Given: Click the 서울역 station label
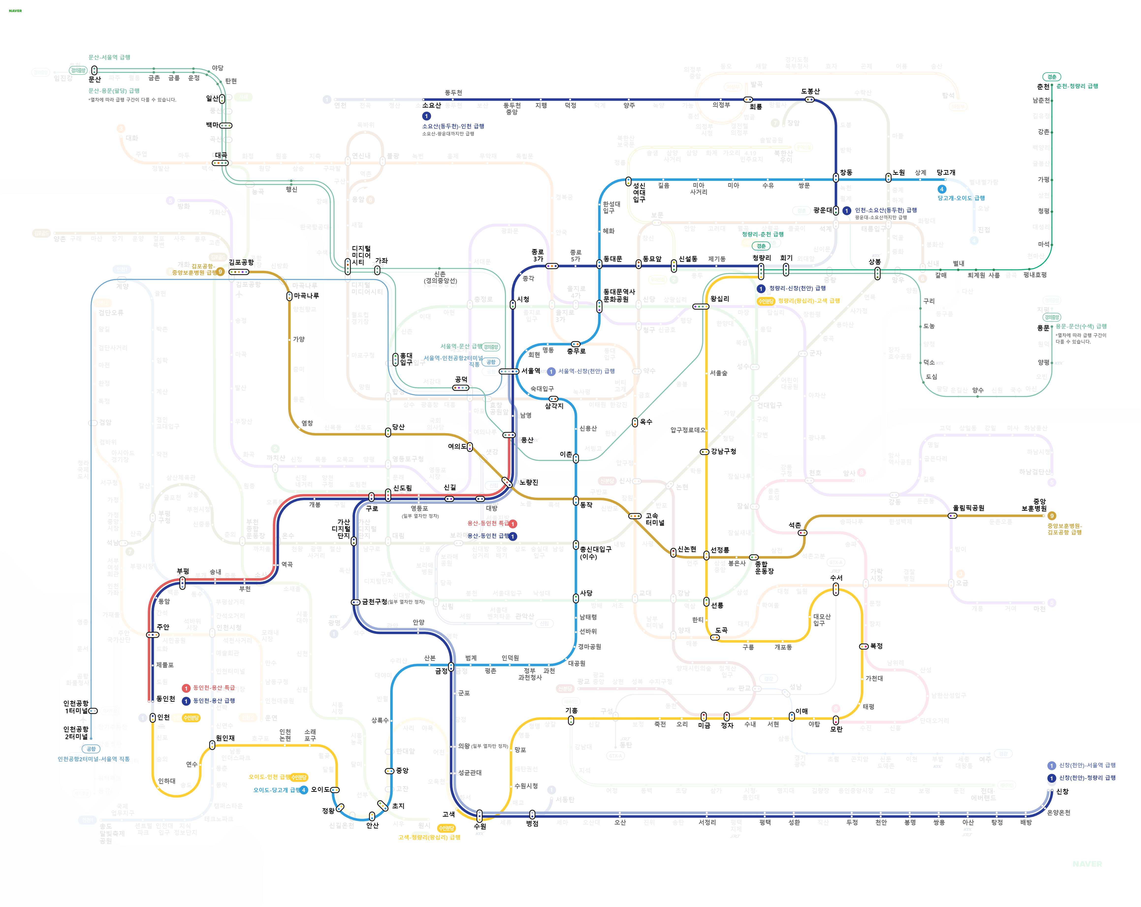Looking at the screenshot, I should click(x=531, y=371).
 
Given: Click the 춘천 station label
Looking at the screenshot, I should click(x=1043, y=86).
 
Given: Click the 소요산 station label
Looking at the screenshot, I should click(x=431, y=105).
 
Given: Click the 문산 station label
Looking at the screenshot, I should click(x=95, y=79).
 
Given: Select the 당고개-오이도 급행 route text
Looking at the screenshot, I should click(x=961, y=198).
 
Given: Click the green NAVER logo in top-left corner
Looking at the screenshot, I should click(x=15, y=11).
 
